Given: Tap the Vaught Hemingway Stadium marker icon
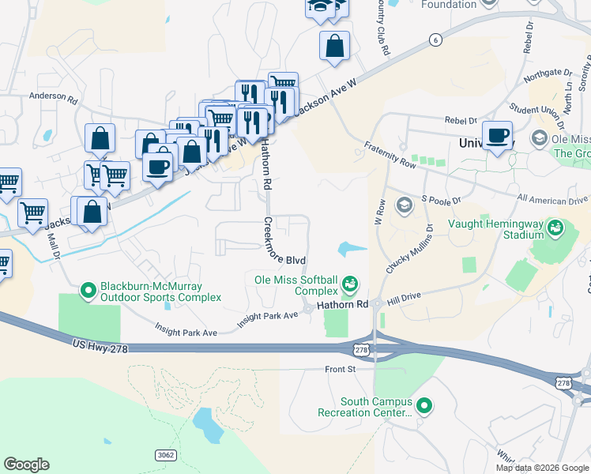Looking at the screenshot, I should [556, 228].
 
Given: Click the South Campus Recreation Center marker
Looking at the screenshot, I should [424, 406].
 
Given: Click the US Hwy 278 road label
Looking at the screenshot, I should [99, 345].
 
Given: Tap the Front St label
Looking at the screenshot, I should [341, 369].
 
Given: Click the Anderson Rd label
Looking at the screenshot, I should [54, 100].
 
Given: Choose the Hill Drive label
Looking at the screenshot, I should [405, 299].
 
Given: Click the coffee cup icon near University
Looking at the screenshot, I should [497, 136].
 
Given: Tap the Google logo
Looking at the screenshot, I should [26, 464].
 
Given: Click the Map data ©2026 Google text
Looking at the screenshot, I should [541, 468].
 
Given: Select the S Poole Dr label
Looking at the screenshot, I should [441, 201].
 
